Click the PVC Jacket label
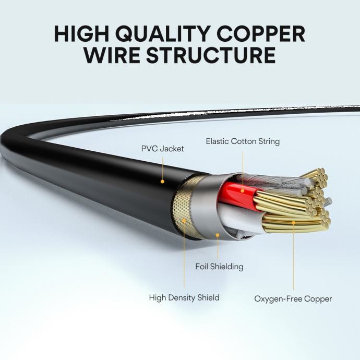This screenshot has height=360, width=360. click(x=162, y=149)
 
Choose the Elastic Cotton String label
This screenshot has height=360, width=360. click(x=243, y=141)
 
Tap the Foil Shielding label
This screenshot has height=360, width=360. click(x=219, y=267)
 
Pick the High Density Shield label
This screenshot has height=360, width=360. click(x=184, y=298)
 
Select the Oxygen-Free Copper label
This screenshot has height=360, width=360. click(x=293, y=299)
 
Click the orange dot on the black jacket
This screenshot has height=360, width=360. click(x=163, y=182)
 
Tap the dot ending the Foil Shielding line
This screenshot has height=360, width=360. click(x=218, y=236)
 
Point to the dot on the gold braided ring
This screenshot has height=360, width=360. click(x=184, y=221)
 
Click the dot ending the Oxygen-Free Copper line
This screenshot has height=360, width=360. click(x=293, y=223)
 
